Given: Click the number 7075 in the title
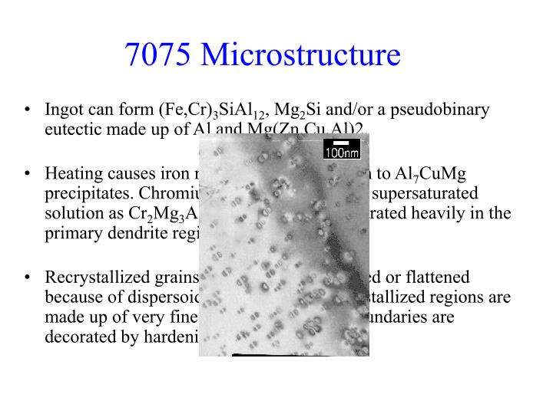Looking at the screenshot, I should pyautogui.click(x=158, y=55).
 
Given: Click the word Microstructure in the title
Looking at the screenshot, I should pyautogui.click(x=300, y=55).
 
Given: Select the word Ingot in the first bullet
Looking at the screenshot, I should pyautogui.click(x=62, y=110).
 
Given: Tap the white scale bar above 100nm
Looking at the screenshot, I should pyautogui.click(x=343, y=143).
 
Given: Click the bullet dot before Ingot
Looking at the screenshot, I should pyautogui.click(x=27, y=110).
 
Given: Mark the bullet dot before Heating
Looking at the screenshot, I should pyautogui.click(x=27, y=172).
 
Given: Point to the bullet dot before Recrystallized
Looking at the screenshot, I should pyautogui.click(x=27, y=275).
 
